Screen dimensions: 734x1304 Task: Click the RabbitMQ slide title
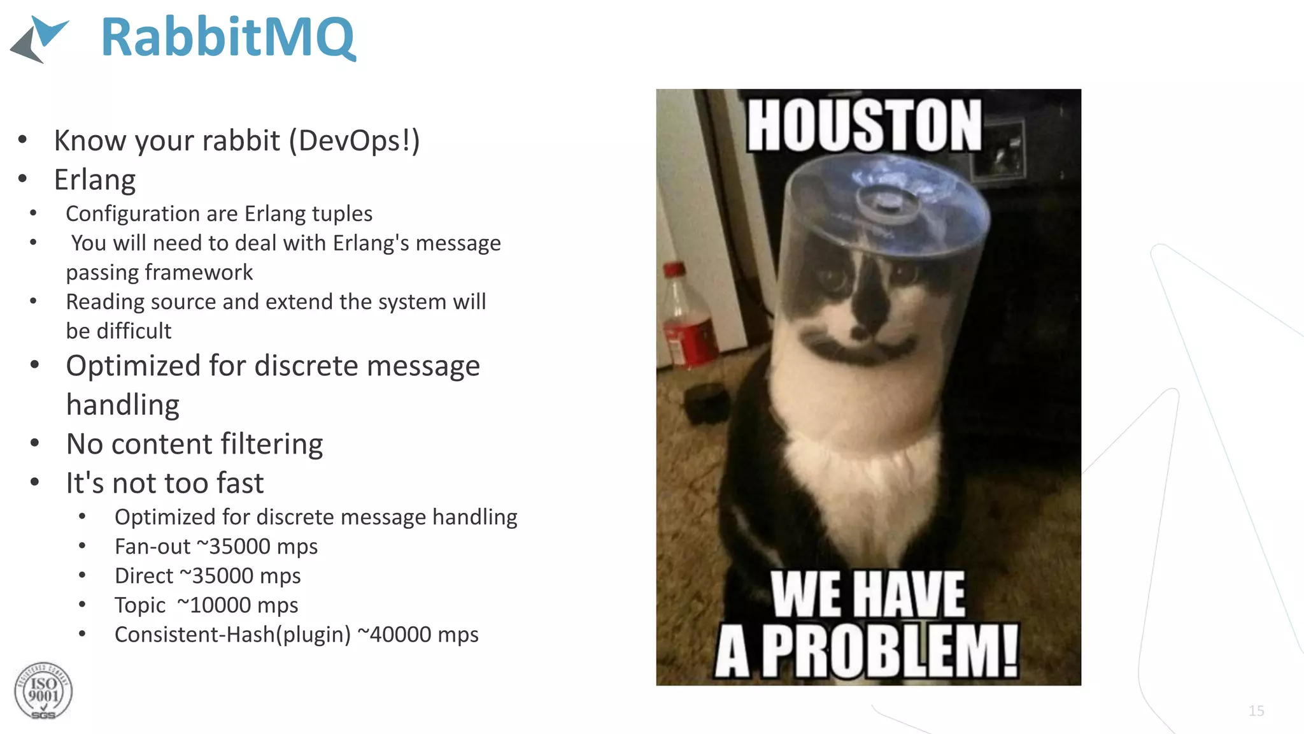[x=228, y=38]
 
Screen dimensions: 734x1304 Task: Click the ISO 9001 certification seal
[x=43, y=691]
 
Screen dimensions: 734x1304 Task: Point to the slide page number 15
[x=1256, y=711]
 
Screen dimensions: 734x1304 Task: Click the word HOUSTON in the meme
[x=864, y=126]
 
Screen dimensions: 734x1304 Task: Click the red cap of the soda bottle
[x=673, y=270]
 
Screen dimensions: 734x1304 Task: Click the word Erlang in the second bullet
[x=95, y=180]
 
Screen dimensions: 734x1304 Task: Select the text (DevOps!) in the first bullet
[x=355, y=141]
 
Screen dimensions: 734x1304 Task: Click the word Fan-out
[x=152, y=547]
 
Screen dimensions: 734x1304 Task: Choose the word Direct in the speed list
[x=144, y=576]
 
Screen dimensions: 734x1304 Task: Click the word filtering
[x=272, y=444]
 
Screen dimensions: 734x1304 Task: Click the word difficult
[x=134, y=331]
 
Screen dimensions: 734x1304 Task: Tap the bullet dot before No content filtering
[x=35, y=443]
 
